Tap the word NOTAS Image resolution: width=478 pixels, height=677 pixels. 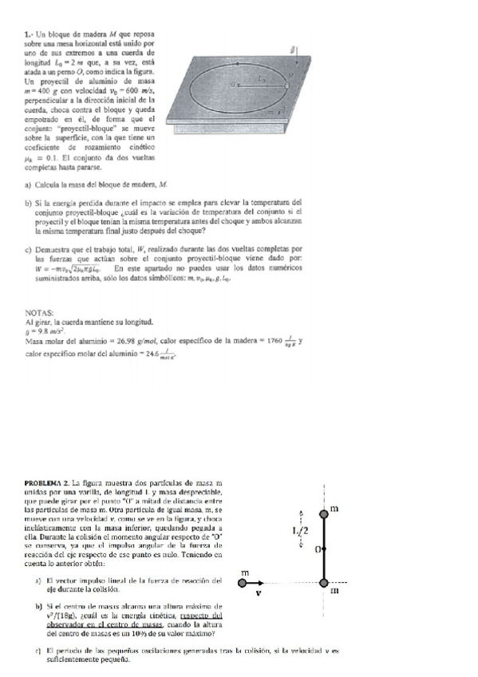pos(40,312)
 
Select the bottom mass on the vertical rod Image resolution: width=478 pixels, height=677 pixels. pos(325,584)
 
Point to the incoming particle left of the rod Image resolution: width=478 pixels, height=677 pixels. pos(244,584)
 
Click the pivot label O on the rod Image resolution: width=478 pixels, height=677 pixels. pos(317,550)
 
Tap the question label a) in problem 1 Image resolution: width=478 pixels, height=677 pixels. pos(30,185)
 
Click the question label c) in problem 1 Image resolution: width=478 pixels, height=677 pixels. pos(30,248)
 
